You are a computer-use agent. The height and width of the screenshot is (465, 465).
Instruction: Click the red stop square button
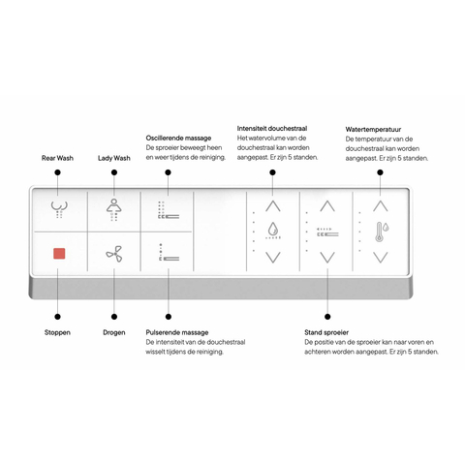pyautogui.click(x=59, y=254)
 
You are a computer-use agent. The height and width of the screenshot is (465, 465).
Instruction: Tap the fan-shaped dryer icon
pyautogui.click(x=114, y=254)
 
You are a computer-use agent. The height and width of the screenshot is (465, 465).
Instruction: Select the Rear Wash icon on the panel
pyautogui.click(x=59, y=209)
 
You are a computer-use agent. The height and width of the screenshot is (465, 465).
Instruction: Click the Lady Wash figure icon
pyautogui.click(x=114, y=210)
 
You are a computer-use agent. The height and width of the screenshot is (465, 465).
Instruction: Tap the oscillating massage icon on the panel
pyautogui.click(x=169, y=210)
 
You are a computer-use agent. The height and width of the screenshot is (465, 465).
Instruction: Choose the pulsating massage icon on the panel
pyautogui.click(x=169, y=252)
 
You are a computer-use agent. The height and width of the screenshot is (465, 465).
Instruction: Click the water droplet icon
pyautogui.click(x=273, y=231)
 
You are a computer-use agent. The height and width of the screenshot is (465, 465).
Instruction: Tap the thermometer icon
pyautogui.click(x=382, y=232)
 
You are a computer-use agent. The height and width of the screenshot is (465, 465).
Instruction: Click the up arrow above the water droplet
pyautogui.click(x=273, y=205)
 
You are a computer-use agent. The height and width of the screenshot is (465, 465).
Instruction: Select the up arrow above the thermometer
pyautogui.click(x=381, y=205)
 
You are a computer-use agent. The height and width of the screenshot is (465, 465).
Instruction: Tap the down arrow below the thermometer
pyautogui.click(x=381, y=258)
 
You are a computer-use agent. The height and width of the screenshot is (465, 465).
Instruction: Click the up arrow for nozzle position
pyautogui.click(x=327, y=205)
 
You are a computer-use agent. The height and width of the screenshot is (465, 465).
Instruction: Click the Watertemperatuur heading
pyautogui.click(x=373, y=130)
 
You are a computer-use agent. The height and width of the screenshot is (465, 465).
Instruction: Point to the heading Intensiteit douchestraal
pyautogui.click(x=272, y=129)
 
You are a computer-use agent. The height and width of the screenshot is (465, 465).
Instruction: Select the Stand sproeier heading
pyautogui.click(x=326, y=332)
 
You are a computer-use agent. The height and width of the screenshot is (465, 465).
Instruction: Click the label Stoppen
pyautogui.click(x=57, y=332)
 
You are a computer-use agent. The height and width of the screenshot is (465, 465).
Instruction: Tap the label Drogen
pyautogui.click(x=114, y=332)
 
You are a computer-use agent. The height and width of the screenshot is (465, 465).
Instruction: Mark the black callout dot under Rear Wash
pyautogui.click(x=57, y=172)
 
